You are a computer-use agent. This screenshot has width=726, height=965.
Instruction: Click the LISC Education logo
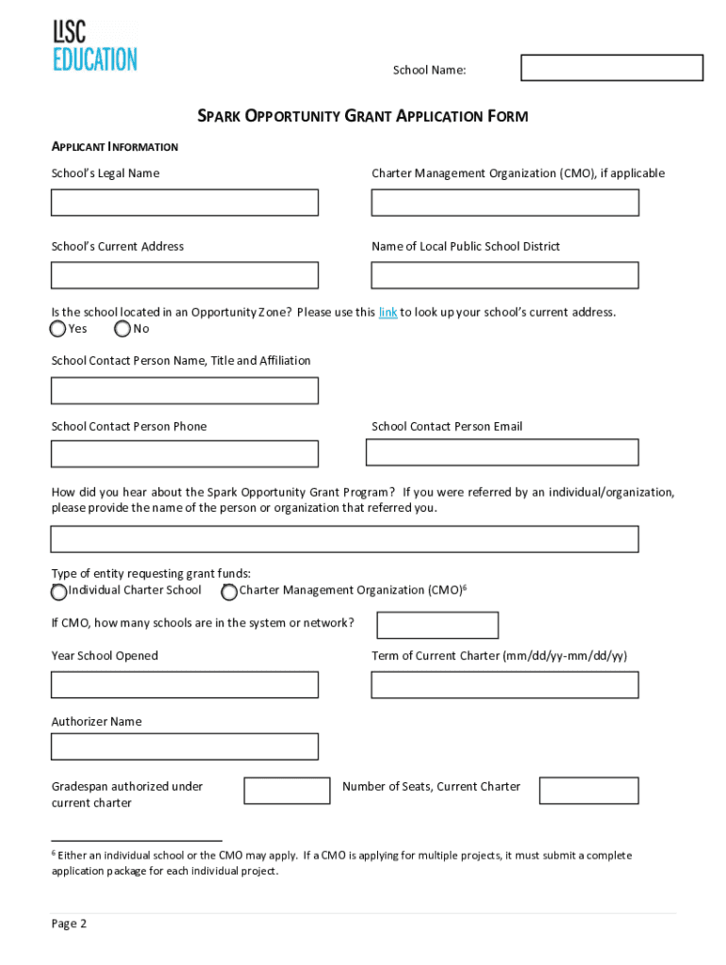[x=94, y=47]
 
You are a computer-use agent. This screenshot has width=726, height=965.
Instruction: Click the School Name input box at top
[x=612, y=68]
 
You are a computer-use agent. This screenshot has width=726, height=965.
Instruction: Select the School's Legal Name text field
[x=185, y=203]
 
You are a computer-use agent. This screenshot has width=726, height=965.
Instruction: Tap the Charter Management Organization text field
[x=504, y=203]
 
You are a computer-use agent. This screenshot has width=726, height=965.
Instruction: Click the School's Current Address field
[x=185, y=275]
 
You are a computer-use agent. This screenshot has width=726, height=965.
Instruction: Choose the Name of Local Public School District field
[x=504, y=275]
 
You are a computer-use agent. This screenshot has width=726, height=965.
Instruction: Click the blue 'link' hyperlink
[x=388, y=313]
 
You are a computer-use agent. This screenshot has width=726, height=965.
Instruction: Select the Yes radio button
[x=58, y=329]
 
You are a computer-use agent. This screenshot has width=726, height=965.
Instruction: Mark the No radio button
[x=123, y=329]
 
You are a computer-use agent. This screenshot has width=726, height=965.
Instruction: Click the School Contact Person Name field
[x=185, y=390]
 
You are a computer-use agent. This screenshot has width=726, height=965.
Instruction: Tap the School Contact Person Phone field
[x=185, y=454]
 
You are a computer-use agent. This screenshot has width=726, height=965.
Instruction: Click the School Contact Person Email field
[x=502, y=452]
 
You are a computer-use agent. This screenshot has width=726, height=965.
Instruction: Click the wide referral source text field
[x=344, y=539]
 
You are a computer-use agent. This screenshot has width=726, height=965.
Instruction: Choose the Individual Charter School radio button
[x=58, y=592]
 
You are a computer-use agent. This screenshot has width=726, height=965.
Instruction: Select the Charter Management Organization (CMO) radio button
[x=229, y=592]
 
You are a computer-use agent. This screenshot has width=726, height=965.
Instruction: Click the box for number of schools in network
[x=437, y=625]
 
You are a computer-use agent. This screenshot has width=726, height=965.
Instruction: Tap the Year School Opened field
[x=185, y=685]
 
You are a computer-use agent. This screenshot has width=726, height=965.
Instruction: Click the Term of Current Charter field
[x=504, y=685]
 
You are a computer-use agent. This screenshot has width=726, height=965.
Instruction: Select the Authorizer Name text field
[x=185, y=746]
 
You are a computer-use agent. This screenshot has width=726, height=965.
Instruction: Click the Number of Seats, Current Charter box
[x=588, y=791]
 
